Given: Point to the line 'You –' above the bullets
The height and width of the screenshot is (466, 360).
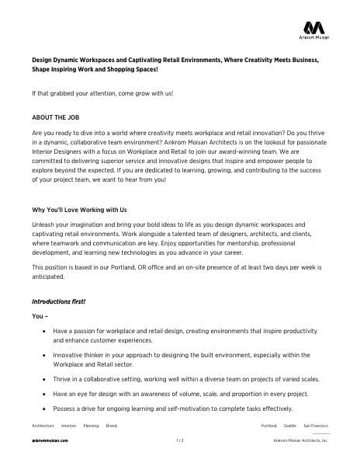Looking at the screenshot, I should (x=40, y=316).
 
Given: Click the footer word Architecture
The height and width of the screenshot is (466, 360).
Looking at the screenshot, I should (x=43, y=426).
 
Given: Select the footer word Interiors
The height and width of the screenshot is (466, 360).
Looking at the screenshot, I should (x=68, y=426).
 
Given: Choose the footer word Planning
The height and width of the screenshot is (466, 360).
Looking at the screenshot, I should (x=91, y=426).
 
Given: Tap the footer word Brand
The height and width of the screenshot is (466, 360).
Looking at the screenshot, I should (x=112, y=426).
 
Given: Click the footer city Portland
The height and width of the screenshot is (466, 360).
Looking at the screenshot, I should (x=269, y=426).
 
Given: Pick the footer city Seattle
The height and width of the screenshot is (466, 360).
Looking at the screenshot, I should (x=290, y=426).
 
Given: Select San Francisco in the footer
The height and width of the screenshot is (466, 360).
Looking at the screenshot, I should (x=316, y=426).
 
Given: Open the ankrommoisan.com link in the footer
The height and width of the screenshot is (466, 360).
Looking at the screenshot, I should (x=50, y=440).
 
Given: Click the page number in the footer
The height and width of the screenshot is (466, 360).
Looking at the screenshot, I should (x=179, y=440).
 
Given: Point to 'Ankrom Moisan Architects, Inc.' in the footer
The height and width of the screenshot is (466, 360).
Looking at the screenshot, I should (x=301, y=440).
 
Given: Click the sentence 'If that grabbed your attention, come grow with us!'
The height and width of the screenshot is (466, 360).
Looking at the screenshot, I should (x=102, y=93).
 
